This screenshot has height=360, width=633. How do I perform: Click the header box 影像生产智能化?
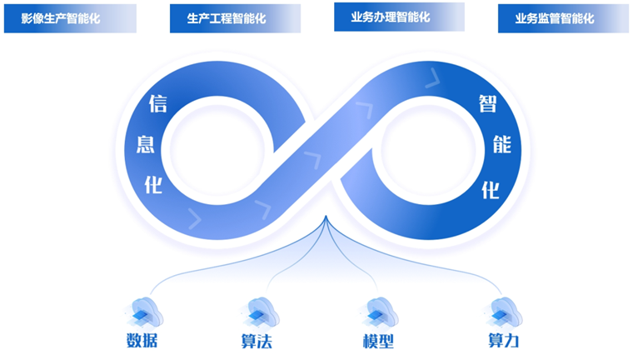(70, 18)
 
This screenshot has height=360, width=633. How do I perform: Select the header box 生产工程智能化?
(235, 18)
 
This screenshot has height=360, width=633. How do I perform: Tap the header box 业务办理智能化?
(399, 17)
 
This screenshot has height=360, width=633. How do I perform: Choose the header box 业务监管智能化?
(563, 18)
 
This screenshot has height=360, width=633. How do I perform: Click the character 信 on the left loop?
(157, 103)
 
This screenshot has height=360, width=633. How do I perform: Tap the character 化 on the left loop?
(154, 184)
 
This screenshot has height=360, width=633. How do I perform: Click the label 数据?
(142, 341)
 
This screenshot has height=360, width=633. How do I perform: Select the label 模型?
(378, 342)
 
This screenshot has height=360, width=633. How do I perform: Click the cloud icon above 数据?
(147, 311)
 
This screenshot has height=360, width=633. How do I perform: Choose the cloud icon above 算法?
(262, 311)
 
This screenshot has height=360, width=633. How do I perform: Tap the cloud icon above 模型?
(381, 311)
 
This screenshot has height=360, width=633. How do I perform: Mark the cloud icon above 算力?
(501, 311)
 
